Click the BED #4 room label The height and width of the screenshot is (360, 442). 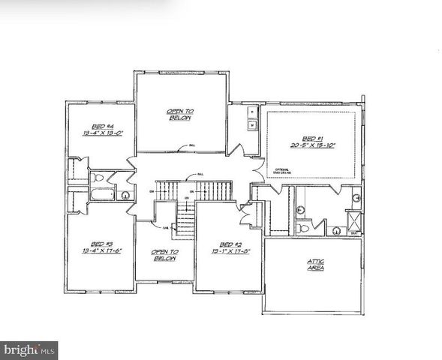pyautogui.click(x=99, y=125)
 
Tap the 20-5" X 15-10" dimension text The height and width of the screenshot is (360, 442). pyautogui.click(x=311, y=146)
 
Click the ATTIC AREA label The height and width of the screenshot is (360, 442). pyautogui.click(x=316, y=264)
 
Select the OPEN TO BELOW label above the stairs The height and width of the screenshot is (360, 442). pyautogui.click(x=180, y=115)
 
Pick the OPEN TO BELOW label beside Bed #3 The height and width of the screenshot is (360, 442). pyautogui.click(x=164, y=255)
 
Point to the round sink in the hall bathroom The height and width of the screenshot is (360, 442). pyautogui.click(x=125, y=196)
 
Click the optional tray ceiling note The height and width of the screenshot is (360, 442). pyautogui.click(x=282, y=171)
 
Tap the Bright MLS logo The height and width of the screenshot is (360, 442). pyautogui.click(x=30, y=349)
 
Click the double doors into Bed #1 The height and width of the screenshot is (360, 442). pyautogui.click(x=255, y=169)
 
